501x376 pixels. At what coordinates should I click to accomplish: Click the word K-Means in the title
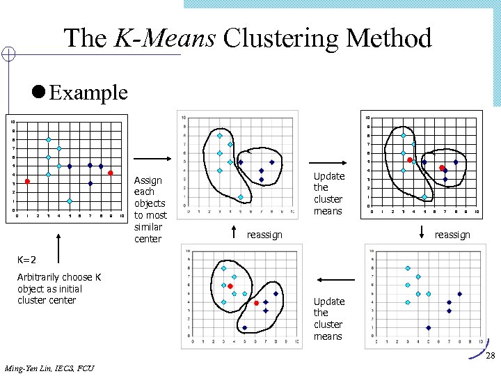165,38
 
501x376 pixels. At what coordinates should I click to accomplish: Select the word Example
89,92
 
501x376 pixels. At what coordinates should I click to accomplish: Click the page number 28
490,356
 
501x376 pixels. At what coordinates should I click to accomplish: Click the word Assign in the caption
148,180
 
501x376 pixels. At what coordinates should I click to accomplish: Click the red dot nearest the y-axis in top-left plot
27,182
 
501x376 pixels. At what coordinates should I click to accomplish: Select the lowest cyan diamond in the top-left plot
70,201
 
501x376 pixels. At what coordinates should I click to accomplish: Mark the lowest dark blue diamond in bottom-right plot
429,327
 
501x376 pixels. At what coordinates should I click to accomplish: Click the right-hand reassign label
452,235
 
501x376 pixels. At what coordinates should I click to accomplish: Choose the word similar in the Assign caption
148,227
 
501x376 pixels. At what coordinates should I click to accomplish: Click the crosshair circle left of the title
8,54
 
